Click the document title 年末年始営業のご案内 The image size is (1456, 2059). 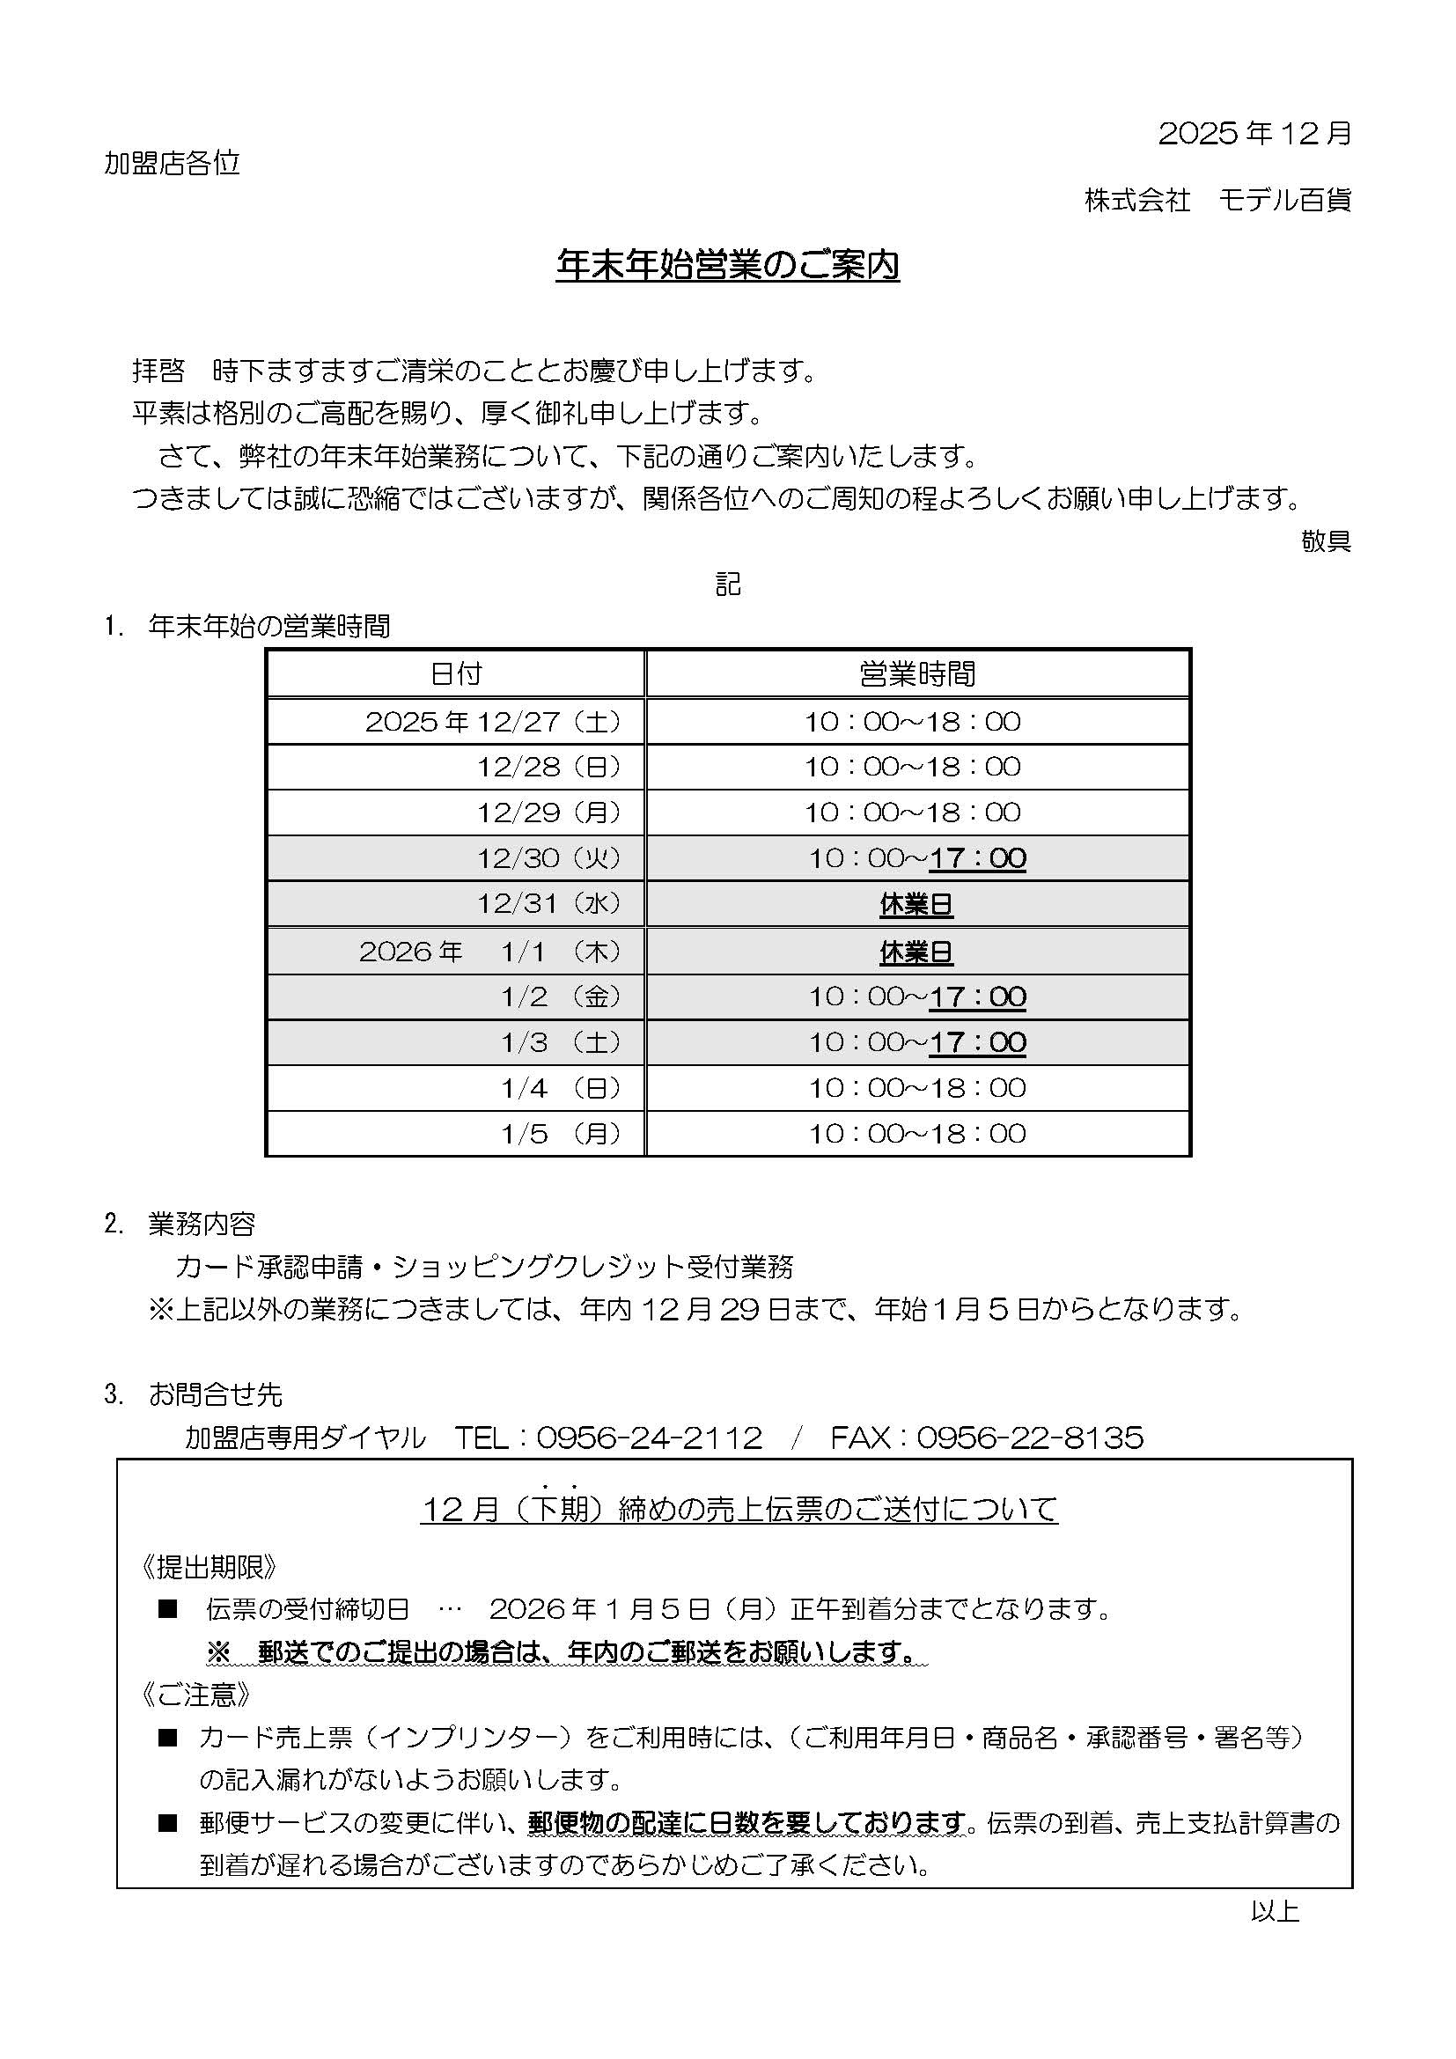click(727, 266)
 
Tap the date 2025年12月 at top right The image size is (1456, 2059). click(1254, 134)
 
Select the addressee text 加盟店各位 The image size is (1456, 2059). click(173, 163)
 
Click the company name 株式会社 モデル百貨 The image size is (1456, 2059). click(1217, 200)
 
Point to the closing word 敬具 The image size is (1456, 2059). click(1326, 540)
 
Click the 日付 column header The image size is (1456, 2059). click(455, 673)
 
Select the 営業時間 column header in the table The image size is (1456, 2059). click(916, 673)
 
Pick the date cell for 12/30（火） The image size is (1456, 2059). click(548, 858)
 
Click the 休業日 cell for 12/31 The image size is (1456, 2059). click(916, 904)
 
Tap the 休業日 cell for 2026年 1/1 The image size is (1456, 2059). click(916, 952)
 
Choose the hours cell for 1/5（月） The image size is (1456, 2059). click(916, 1134)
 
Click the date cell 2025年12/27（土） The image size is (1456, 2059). click(493, 721)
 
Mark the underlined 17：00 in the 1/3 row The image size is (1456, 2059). click(977, 1042)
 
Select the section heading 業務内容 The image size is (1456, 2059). click(202, 1224)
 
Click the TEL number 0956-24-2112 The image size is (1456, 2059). click(649, 1438)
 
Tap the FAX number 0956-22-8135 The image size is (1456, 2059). click(1030, 1438)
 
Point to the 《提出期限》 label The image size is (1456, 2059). click(209, 1567)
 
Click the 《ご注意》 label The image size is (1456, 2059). click(195, 1695)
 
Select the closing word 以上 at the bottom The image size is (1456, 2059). click(1274, 1911)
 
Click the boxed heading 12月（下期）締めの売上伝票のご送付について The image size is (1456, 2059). click(739, 1510)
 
